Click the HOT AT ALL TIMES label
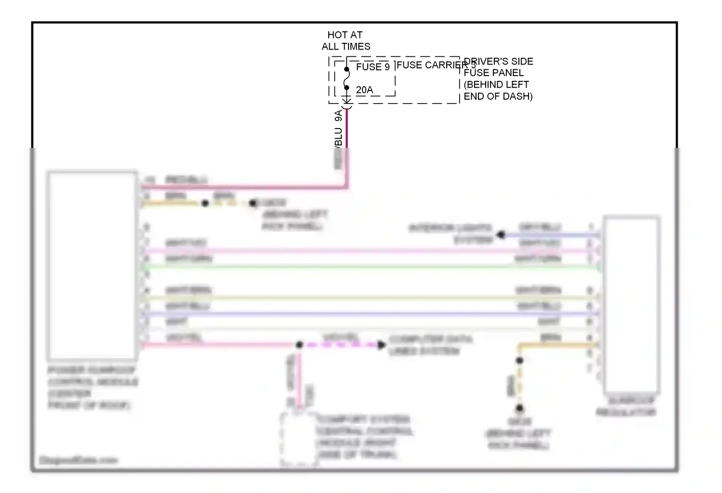(x=346, y=40)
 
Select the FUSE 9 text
(x=373, y=67)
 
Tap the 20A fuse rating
(x=364, y=90)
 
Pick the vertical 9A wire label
(x=338, y=116)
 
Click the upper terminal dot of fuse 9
(x=347, y=69)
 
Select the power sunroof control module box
(x=92, y=265)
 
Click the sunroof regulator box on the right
(x=631, y=304)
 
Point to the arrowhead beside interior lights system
(x=501, y=234)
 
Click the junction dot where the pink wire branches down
(x=299, y=345)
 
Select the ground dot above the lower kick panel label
(x=519, y=409)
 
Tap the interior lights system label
(x=451, y=234)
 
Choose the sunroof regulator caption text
(x=626, y=406)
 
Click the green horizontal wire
(x=371, y=266)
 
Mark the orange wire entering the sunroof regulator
(x=558, y=345)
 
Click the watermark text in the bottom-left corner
(x=78, y=460)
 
